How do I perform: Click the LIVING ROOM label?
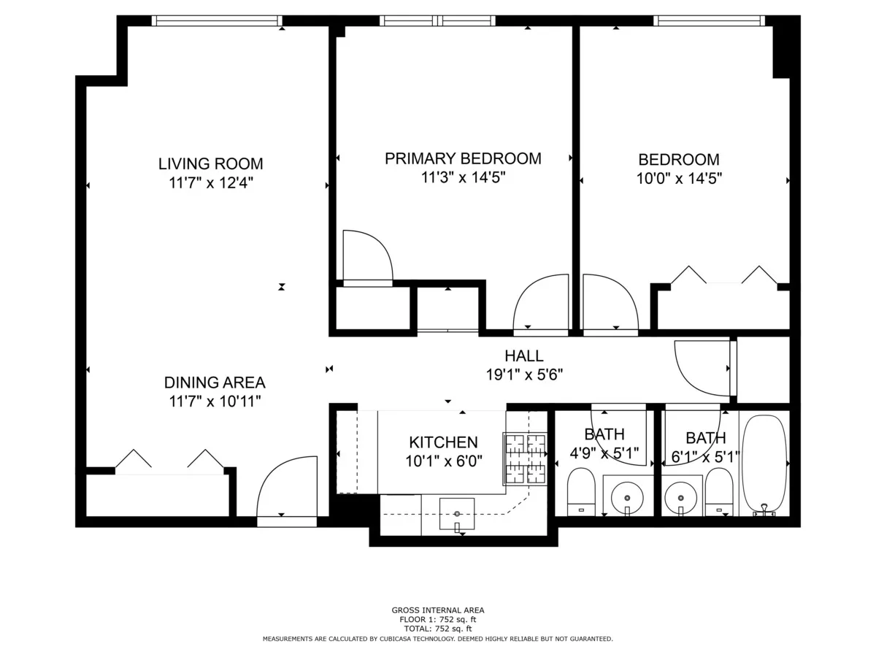point(211,164)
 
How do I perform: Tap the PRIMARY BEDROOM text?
point(463,158)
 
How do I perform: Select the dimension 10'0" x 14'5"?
point(679,177)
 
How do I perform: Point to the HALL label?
point(523,356)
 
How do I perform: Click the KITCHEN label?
point(443,442)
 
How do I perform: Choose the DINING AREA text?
point(215,383)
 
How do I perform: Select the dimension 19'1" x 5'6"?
point(523,374)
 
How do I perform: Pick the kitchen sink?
point(457,513)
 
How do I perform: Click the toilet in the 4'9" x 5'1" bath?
point(582,491)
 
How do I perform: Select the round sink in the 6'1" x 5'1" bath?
point(680,499)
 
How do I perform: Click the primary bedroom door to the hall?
point(541,305)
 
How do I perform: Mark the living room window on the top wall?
point(217,20)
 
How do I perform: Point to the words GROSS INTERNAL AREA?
point(438,610)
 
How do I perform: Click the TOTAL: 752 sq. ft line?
point(438,629)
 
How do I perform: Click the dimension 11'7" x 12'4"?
point(211,182)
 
